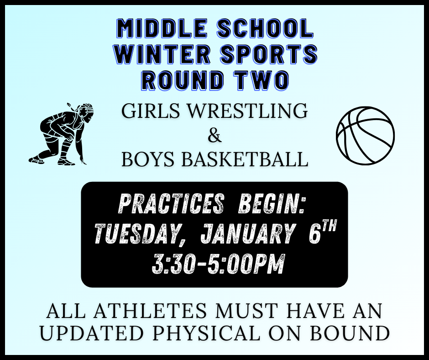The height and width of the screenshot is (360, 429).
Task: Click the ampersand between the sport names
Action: point(214,136)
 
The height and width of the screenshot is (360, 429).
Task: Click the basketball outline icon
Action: point(365,135)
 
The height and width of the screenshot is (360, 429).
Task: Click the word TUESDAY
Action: point(136,234)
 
